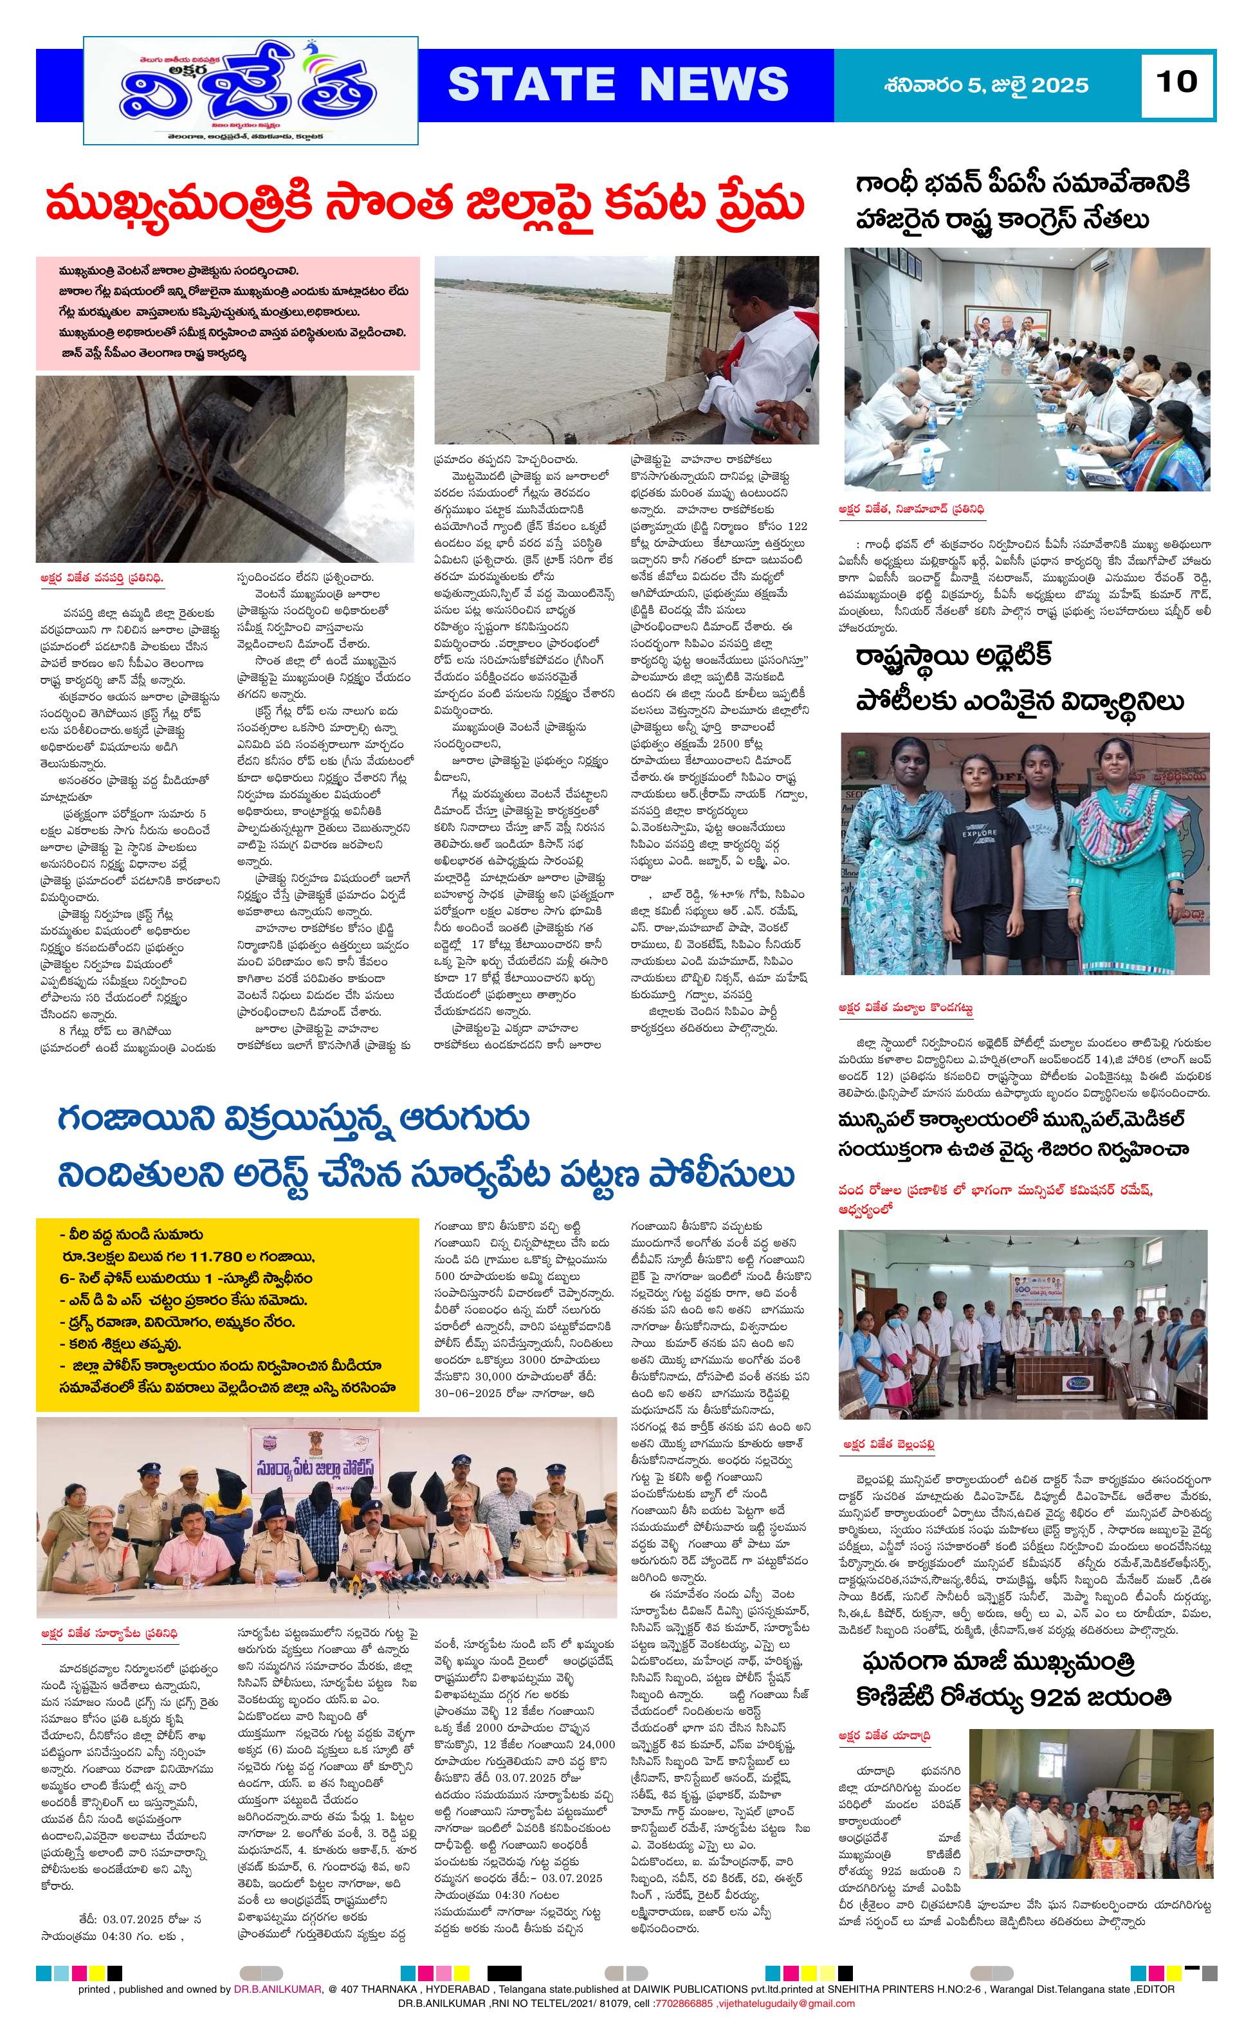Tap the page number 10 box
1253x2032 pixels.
pyautogui.click(x=1176, y=82)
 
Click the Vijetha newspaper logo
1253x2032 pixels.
pyautogui.click(x=251, y=91)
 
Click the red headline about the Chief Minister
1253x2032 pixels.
pyautogui.click(x=425, y=205)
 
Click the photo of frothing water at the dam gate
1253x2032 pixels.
pyautogui.click(x=224, y=468)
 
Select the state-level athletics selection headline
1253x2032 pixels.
pyautogui.click(x=1020, y=679)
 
